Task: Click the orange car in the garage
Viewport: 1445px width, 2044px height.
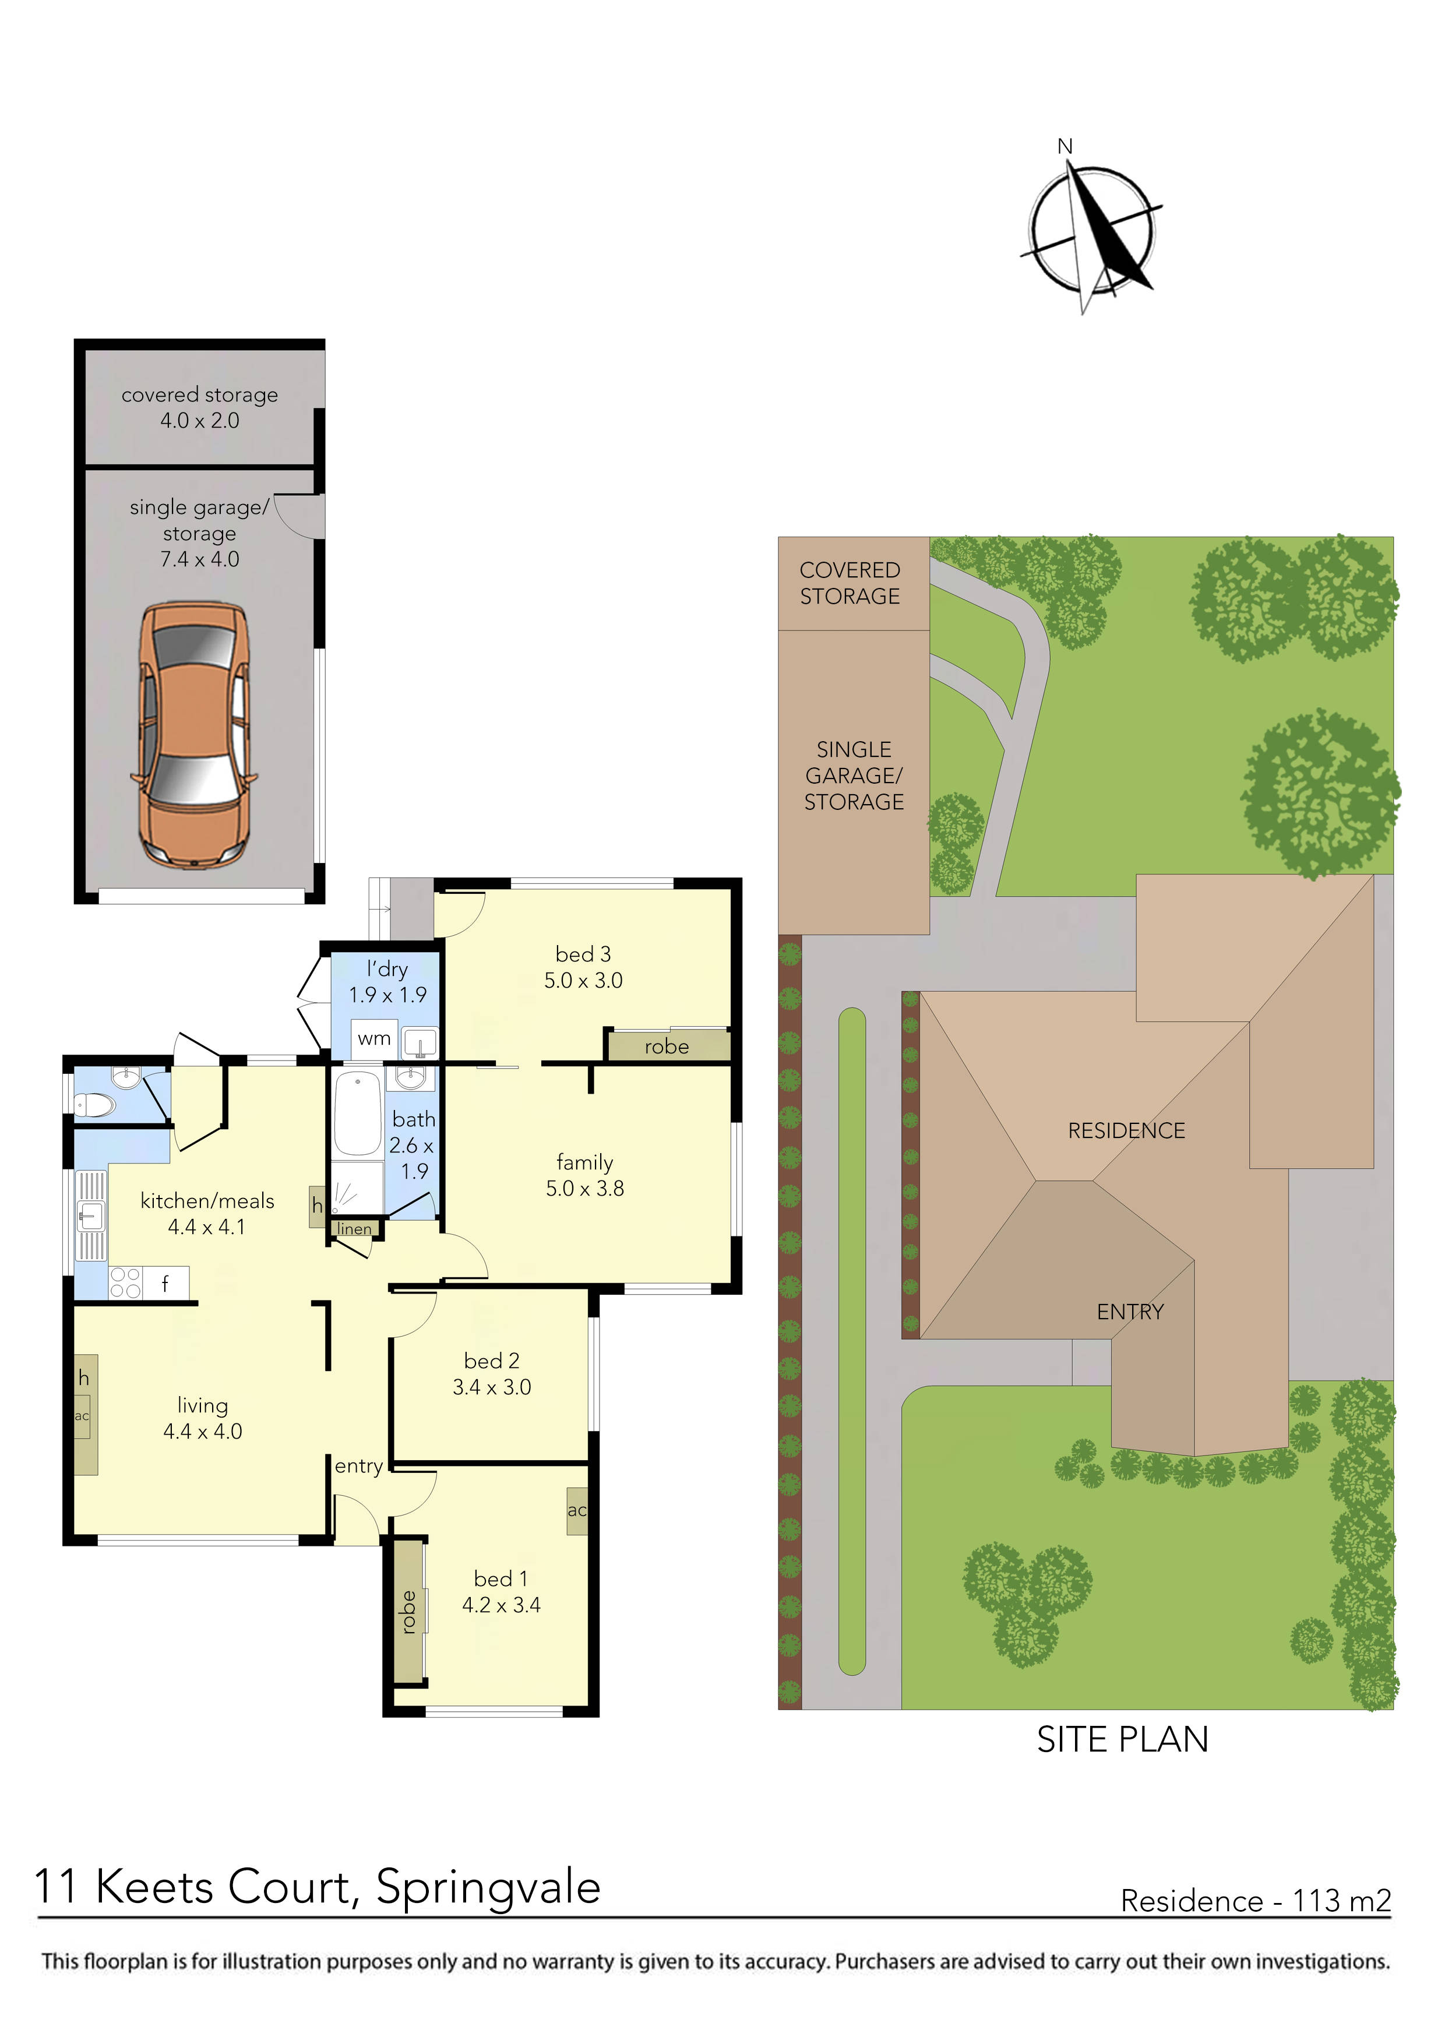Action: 193,735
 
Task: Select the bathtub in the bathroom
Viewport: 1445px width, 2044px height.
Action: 357,1113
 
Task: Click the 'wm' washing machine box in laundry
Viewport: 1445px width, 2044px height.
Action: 374,1039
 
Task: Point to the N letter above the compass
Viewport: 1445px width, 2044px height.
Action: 1065,146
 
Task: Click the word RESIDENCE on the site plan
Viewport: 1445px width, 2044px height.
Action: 1126,1130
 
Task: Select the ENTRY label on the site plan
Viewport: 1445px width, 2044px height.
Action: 1130,1312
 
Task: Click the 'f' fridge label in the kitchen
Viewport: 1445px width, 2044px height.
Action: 165,1283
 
